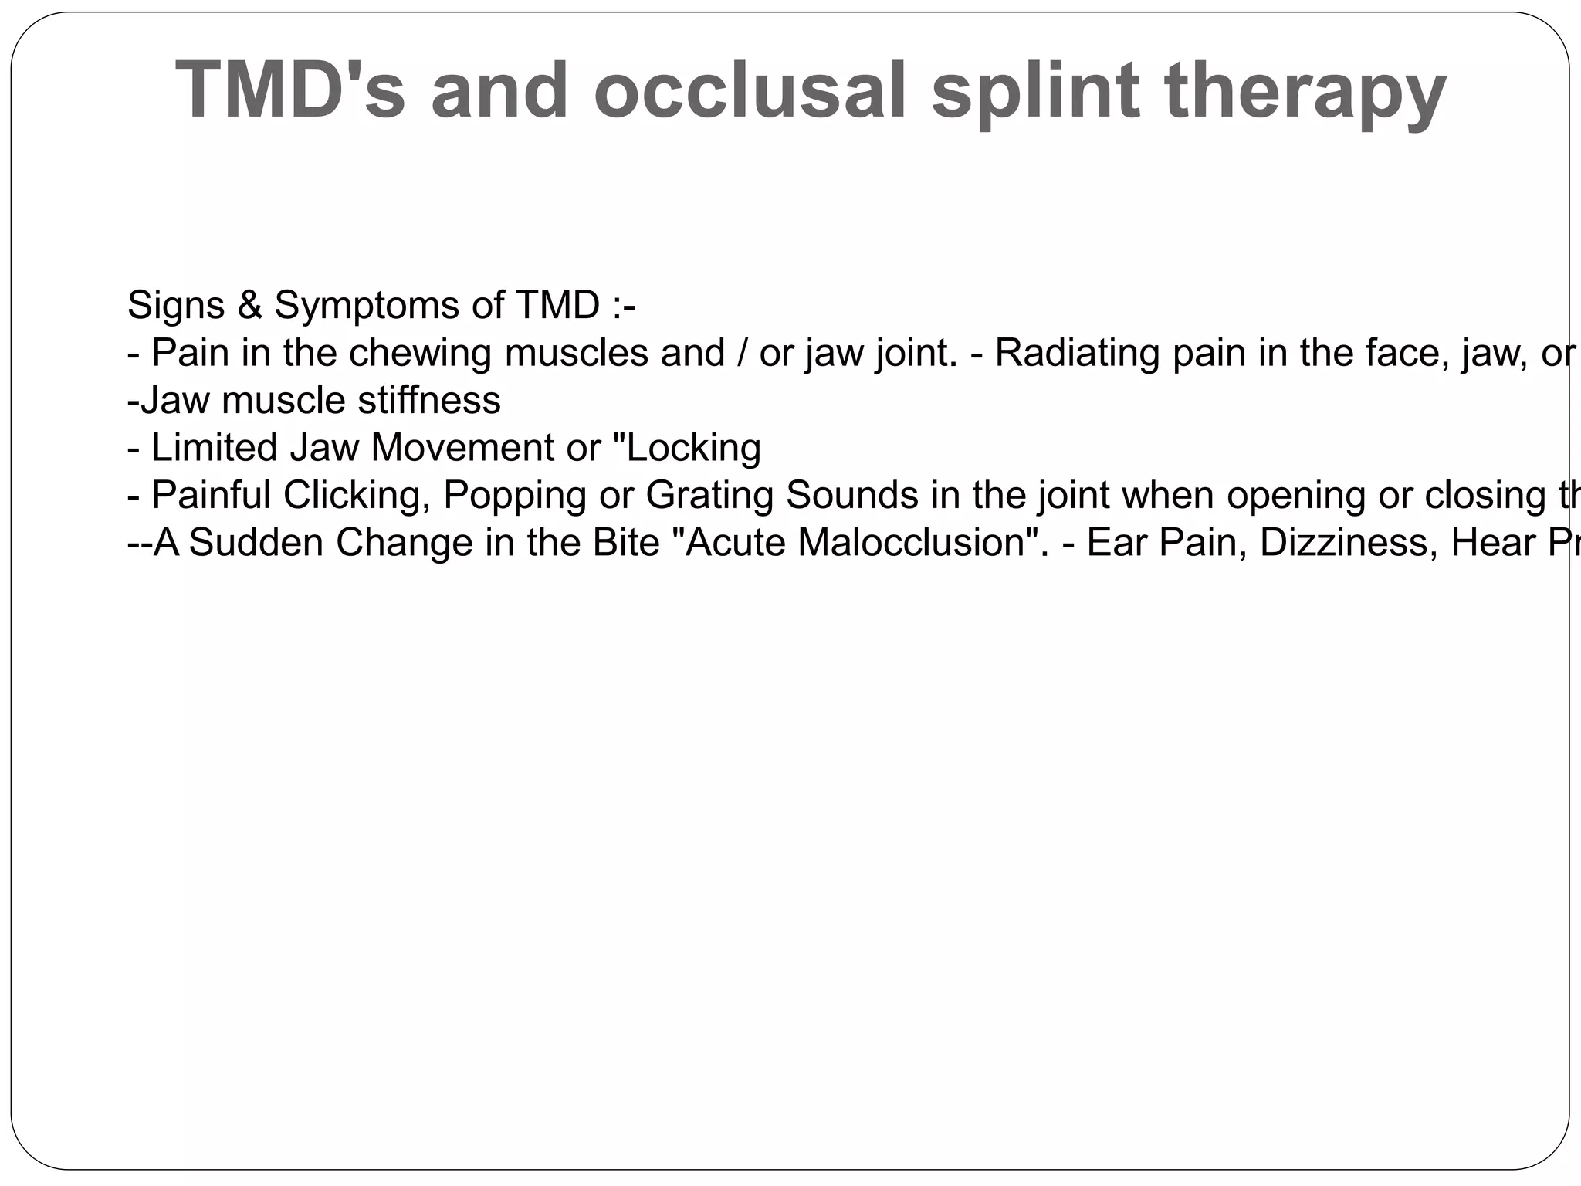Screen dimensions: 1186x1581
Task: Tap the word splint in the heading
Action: (1035, 91)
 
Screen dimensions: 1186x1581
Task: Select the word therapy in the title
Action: (1305, 91)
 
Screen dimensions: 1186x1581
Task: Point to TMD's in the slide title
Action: (290, 90)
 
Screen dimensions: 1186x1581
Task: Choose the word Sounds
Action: (852, 495)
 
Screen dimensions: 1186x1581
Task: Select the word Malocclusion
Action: (911, 542)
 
